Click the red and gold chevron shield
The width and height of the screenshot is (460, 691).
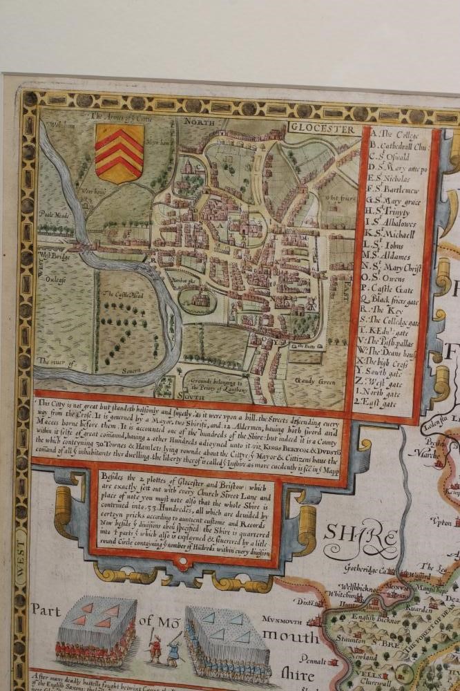pos(119,153)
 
